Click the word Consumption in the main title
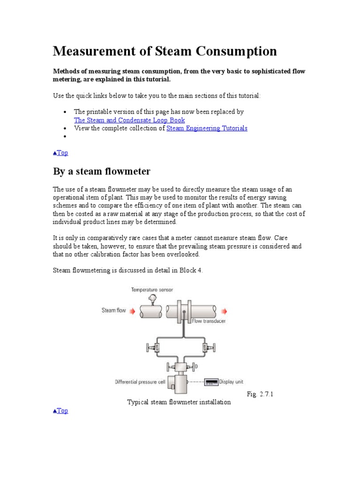pyautogui.click(x=228, y=51)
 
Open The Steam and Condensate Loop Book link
pyautogui.click(x=129, y=120)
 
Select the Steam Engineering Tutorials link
pyautogui.click(x=207, y=128)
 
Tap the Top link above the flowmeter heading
pyautogui.click(x=61, y=152)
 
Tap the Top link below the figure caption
pyautogui.click(x=61, y=411)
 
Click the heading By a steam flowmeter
pyautogui.click(x=102, y=171)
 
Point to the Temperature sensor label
pyautogui.click(x=152, y=290)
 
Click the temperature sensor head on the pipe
pyautogui.click(x=151, y=299)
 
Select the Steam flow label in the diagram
pyautogui.click(x=114, y=310)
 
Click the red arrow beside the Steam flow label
pyautogui.click(x=132, y=310)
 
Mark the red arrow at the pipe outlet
pyautogui.click(x=224, y=311)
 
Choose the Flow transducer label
pyautogui.click(x=209, y=321)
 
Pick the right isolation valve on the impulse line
pyautogui.click(x=206, y=347)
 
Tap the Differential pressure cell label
pyautogui.click(x=140, y=382)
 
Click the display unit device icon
pyautogui.click(x=211, y=382)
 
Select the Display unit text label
pyautogui.click(x=232, y=382)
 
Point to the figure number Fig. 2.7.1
pyautogui.click(x=260, y=394)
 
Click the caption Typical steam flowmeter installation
pyautogui.click(x=179, y=402)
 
